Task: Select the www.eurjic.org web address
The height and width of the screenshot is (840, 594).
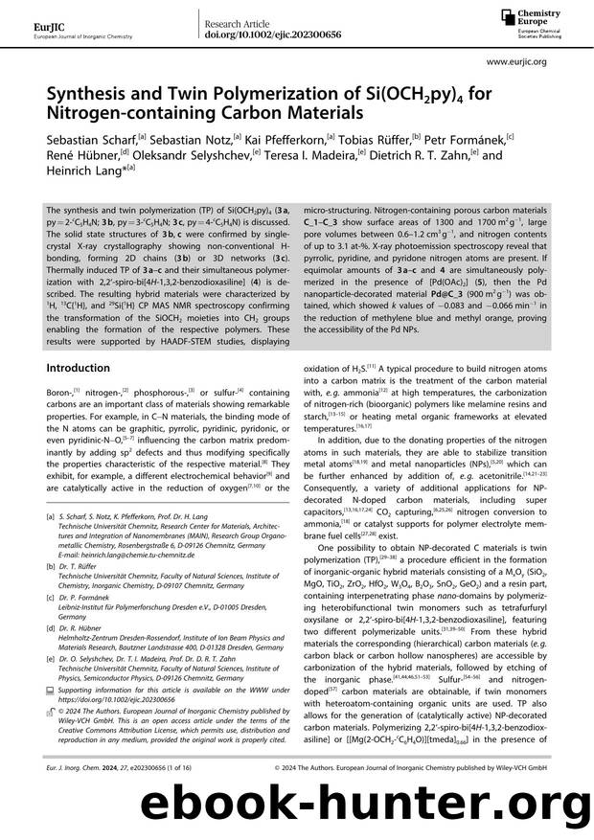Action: (x=517, y=61)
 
